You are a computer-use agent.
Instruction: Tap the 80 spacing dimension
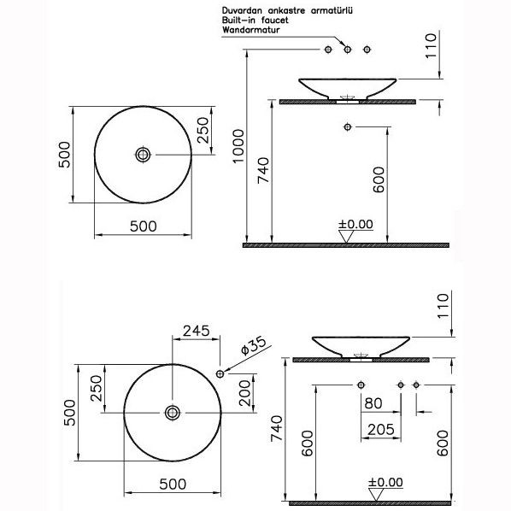coord(372,402)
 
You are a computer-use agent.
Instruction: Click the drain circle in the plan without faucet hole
coord(143,154)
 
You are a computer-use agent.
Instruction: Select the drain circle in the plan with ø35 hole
coord(173,413)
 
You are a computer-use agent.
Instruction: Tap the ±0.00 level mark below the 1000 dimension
coord(355,226)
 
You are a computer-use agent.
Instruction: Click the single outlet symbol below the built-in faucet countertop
coord(346,127)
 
